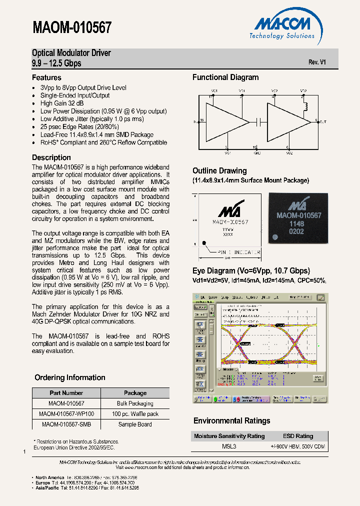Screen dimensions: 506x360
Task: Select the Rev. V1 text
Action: pos(317,62)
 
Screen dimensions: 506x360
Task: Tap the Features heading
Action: pos(46,77)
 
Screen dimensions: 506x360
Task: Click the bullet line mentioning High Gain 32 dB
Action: pos(62,103)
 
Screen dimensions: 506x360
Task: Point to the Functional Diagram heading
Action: pos(225,77)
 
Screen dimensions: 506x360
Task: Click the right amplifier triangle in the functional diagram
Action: pos(287,121)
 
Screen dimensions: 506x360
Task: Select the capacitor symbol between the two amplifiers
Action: pos(258,121)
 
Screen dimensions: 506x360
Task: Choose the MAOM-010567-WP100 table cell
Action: pos(66,414)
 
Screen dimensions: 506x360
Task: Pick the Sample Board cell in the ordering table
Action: pos(135,424)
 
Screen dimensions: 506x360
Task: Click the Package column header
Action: pos(135,393)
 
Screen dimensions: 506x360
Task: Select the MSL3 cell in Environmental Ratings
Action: pos(228,446)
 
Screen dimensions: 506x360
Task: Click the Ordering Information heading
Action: pos(69,377)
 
